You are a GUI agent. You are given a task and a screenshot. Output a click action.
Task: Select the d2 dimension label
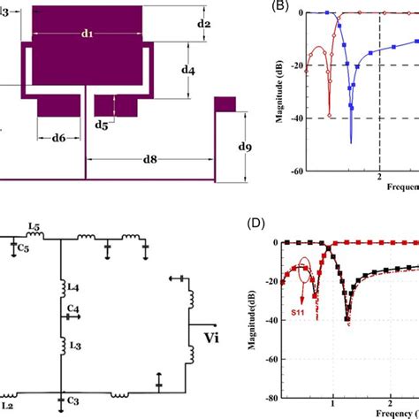(203, 23)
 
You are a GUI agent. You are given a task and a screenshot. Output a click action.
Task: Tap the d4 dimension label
(188, 68)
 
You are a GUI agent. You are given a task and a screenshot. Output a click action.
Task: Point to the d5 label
(102, 126)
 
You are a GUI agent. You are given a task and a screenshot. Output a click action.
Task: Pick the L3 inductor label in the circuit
(75, 343)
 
